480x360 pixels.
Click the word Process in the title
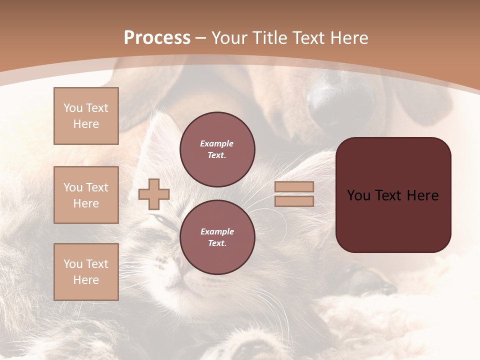[x=157, y=38]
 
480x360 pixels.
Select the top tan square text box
[x=86, y=116]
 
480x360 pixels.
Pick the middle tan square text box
[x=86, y=195]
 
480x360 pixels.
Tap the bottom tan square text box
[x=86, y=272]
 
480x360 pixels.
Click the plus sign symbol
[x=154, y=194]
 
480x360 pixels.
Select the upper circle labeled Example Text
[x=217, y=149]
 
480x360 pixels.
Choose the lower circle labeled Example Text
[x=217, y=237]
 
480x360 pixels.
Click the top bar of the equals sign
[x=294, y=186]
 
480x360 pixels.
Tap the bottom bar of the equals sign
[x=294, y=201]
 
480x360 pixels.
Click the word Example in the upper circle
[x=216, y=143]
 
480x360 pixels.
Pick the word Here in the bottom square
[x=86, y=280]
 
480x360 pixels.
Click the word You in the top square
[x=73, y=108]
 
